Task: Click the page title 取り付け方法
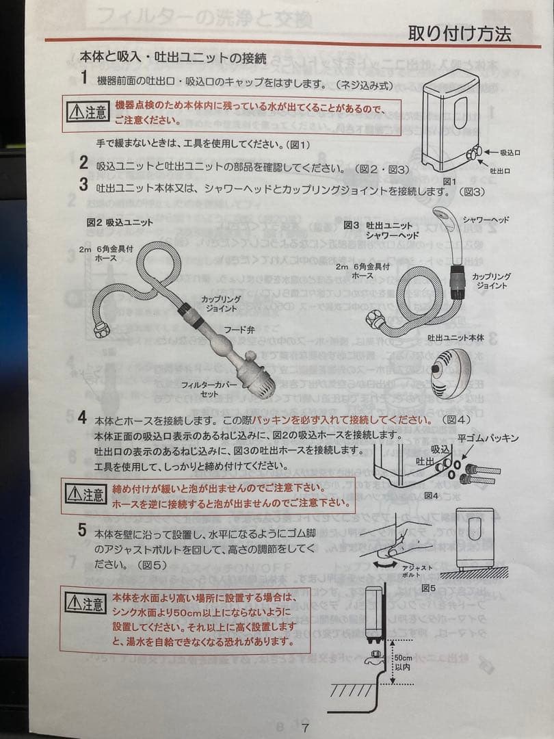459,33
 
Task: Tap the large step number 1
83,78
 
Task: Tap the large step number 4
83,418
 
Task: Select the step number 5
83,529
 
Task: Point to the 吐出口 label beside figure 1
501,170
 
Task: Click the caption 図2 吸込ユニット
120,222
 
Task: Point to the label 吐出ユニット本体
456,337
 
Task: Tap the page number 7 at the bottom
306,727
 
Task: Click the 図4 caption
431,495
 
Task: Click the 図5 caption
429,587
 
